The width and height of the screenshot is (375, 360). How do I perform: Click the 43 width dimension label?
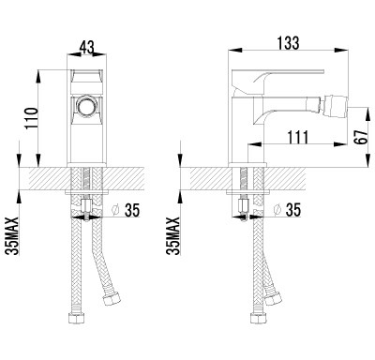point(86,48)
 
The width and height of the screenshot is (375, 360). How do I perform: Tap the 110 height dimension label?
point(32,118)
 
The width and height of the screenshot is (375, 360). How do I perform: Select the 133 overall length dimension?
point(288,43)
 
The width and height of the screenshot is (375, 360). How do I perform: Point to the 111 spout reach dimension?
point(297,137)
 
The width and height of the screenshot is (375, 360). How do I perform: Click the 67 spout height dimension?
point(362,136)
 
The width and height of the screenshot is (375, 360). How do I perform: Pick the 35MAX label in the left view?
point(13,236)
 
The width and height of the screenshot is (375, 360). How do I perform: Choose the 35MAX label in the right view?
point(172,236)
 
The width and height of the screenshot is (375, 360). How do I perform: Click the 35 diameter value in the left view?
point(132,210)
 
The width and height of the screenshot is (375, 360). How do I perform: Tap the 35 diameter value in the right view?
point(292,210)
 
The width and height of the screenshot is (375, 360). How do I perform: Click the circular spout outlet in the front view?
point(87,106)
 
